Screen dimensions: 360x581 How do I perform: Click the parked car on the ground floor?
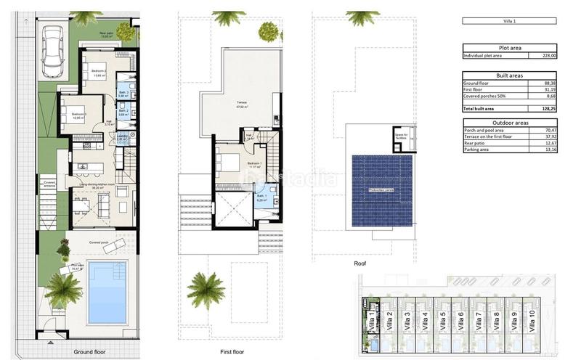(x=54, y=52)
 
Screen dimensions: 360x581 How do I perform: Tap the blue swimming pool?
(x=107, y=292)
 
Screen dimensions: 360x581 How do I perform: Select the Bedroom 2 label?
(x=99, y=70)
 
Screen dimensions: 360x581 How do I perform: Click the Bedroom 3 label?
(x=74, y=114)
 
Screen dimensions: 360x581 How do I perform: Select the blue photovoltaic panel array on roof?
(x=381, y=191)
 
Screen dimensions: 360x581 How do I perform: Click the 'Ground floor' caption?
(x=91, y=351)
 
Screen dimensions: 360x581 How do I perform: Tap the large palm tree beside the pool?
(x=64, y=288)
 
